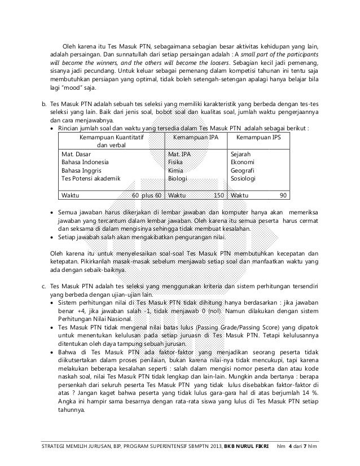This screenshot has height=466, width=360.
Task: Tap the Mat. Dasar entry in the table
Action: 77,154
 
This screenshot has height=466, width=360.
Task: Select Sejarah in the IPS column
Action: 241,154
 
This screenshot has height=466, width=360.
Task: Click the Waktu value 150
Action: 219,195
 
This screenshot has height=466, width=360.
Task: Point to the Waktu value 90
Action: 283,195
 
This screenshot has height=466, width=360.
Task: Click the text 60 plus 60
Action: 147,195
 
